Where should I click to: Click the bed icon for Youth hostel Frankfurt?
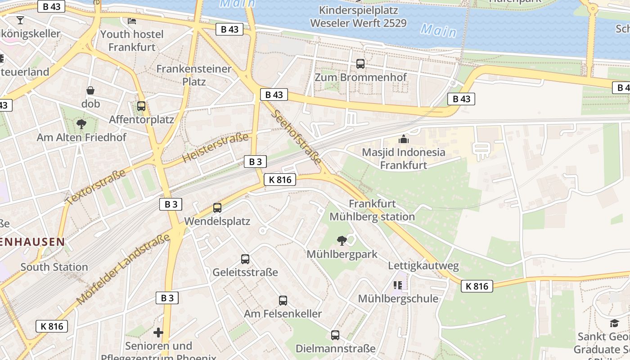(132, 21)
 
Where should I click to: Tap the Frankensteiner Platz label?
(194, 75)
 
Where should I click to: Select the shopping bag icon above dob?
(90, 90)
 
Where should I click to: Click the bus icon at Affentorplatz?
(141, 106)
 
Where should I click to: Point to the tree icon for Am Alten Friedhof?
(81, 124)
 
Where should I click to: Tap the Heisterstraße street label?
(216, 148)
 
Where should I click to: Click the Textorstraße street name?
(95, 187)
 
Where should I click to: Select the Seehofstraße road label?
(297, 137)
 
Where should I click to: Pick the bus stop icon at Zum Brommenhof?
(360, 64)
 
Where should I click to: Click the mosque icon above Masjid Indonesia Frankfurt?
(404, 139)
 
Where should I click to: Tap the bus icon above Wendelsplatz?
(217, 208)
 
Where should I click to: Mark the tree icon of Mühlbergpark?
(342, 241)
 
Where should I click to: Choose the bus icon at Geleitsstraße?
(245, 259)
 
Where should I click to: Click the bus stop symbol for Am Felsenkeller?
(283, 300)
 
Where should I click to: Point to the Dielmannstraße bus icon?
(335, 335)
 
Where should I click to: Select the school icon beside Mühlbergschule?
(398, 285)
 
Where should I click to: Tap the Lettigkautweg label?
(423, 266)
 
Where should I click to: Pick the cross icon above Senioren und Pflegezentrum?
(158, 333)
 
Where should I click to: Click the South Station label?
(54, 267)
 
